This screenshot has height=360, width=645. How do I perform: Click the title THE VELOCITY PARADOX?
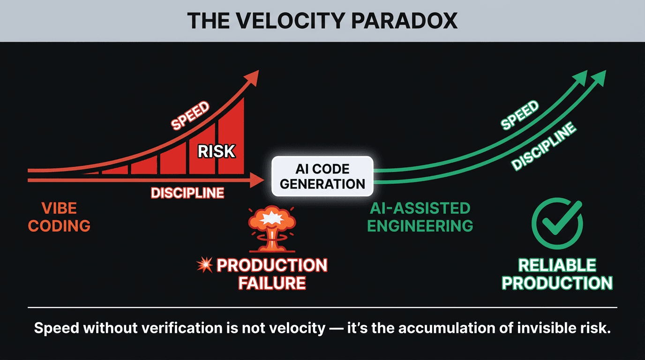[322, 21]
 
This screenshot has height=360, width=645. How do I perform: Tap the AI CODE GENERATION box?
[322, 176]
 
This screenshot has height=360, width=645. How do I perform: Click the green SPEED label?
[520, 115]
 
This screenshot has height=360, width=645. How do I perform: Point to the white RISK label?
[216, 151]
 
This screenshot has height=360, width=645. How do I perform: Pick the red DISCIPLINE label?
[187, 193]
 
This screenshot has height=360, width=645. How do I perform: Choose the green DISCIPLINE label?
[543, 146]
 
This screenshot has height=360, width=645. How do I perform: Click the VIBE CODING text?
[59, 217]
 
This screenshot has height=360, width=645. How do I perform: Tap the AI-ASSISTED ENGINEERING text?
[420, 217]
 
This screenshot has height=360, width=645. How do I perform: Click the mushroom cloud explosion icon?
[270, 228]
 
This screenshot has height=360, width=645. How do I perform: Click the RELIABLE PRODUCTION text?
[557, 274]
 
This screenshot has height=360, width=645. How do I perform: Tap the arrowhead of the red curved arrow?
[253, 77]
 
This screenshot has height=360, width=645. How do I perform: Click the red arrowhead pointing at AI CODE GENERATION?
[256, 180]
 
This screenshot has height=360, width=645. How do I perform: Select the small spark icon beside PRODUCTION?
[204, 266]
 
